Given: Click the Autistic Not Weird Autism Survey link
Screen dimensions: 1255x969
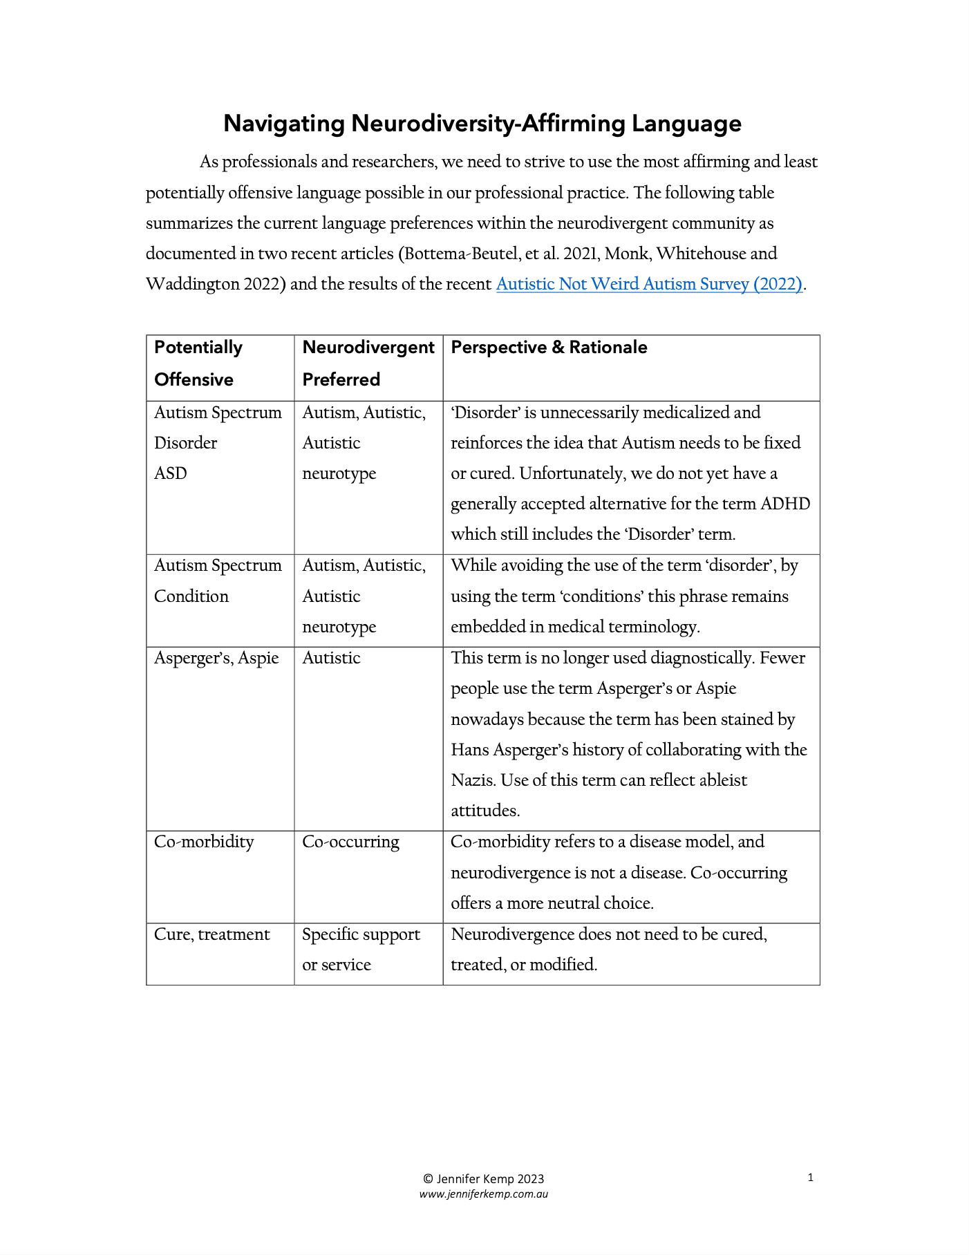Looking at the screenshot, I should click(x=648, y=284).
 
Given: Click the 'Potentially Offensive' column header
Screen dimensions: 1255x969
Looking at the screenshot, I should click(x=198, y=363).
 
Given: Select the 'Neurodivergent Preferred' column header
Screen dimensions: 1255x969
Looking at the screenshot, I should click(x=368, y=363).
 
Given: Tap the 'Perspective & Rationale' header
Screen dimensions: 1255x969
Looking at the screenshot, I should click(x=549, y=348).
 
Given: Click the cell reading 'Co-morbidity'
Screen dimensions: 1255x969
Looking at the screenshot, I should click(x=204, y=842).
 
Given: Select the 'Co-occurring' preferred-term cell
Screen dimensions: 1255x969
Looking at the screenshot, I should click(x=350, y=842).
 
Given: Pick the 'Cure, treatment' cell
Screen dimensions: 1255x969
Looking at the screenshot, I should click(x=211, y=934).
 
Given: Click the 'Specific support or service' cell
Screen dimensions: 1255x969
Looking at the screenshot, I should click(x=361, y=949).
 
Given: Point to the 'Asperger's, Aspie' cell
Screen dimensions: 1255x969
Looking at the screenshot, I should click(x=216, y=658).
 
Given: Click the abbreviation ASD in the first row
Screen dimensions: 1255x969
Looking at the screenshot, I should click(x=171, y=473).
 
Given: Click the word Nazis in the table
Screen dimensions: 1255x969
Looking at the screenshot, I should click(x=473, y=780).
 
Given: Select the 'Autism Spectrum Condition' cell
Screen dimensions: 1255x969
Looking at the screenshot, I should click(x=218, y=581).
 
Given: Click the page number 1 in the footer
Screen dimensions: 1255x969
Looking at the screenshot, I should click(x=810, y=1178).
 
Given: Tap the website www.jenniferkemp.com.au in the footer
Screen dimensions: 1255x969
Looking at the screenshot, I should click(x=483, y=1194).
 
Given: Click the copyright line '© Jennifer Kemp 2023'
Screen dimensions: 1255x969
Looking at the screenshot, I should click(x=483, y=1179).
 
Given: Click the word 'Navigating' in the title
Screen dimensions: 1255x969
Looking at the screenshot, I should click(x=284, y=124).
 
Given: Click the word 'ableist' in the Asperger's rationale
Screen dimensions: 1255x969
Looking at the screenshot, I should click(x=721, y=780).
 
